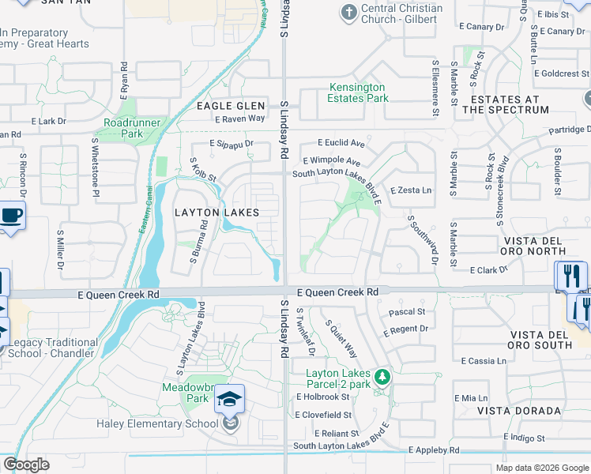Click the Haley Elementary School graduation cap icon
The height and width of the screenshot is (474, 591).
point(230,400)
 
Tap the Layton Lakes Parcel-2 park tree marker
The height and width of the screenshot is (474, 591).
point(382,377)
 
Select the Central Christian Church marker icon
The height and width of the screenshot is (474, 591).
point(348,13)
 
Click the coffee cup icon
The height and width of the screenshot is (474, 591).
point(11,216)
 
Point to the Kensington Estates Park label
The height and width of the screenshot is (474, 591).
point(357,92)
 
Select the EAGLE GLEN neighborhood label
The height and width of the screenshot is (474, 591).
point(227,106)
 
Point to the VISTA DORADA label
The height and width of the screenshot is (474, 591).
point(518,411)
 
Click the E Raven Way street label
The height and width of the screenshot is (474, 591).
point(239,118)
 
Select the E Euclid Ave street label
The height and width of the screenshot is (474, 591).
point(341,143)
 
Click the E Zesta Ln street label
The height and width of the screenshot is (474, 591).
point(412,190)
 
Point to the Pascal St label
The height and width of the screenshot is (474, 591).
point(407,312)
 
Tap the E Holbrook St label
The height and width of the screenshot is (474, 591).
point(322,397)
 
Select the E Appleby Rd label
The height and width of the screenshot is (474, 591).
point(434,450)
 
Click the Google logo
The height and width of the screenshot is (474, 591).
point(27,465)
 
